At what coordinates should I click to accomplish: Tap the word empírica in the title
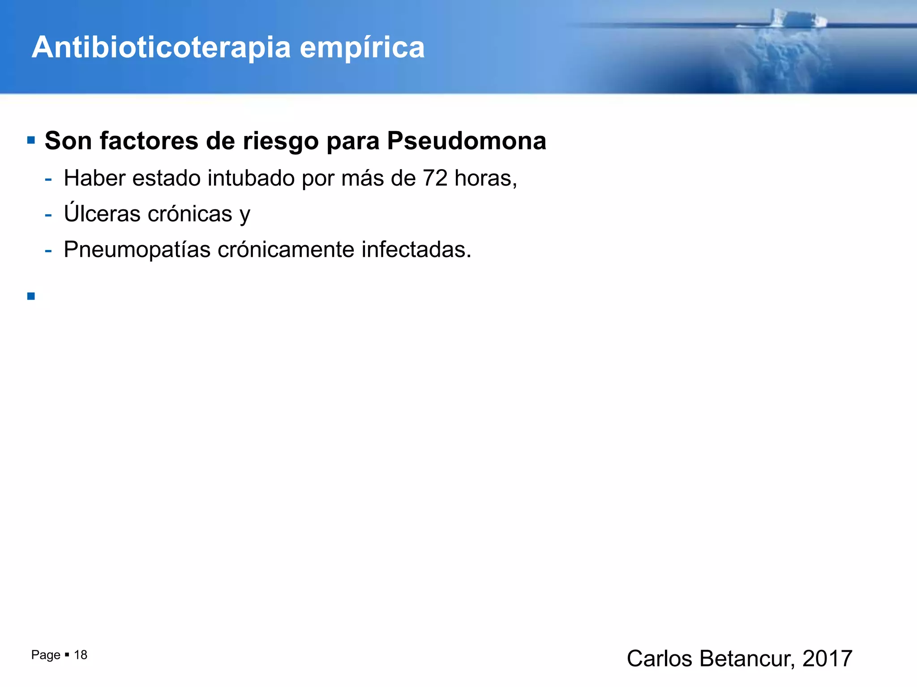click(362, 47)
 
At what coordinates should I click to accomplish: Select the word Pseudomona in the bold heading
click(466, 141)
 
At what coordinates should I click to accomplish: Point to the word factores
click(149, 141)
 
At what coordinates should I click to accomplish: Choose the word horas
click(485, 178)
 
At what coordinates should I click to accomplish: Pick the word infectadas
click(416, 249)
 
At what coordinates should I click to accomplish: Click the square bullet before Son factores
click(31, 140)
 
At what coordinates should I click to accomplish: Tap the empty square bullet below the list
click(31, 296)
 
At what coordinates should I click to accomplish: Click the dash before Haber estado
click(48, 179)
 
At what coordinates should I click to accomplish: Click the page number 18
click(81, 655)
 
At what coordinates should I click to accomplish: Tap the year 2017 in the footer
click(827, 658)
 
